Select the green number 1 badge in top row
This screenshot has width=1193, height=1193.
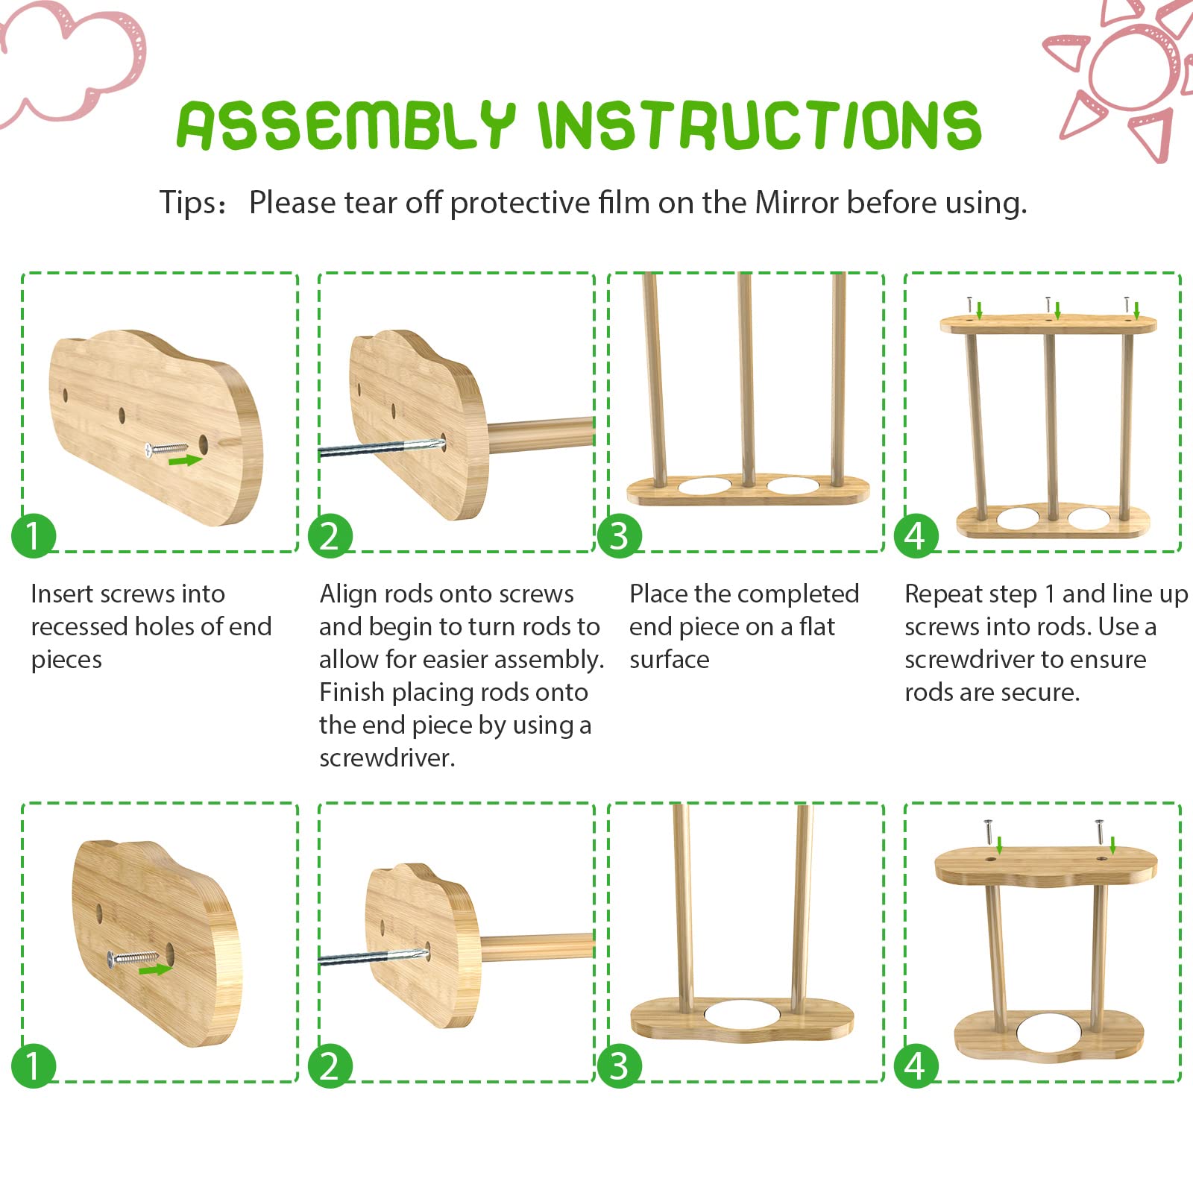pos(34,535)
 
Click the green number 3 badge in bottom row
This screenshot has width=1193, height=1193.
pos(619,1065)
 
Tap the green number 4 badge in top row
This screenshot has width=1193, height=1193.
pos(916,535)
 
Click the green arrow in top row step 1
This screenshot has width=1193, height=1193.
pos(185,461)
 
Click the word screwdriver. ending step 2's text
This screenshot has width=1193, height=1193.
pos(387,758)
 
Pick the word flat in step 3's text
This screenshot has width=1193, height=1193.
pos(816,627)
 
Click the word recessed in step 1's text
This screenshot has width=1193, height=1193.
pos(78,627)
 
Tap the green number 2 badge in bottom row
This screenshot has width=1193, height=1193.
pos(330,1065)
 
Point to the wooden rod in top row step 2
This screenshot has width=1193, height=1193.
pos(541,432)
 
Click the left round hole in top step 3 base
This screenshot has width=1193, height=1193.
pos(705,486)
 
